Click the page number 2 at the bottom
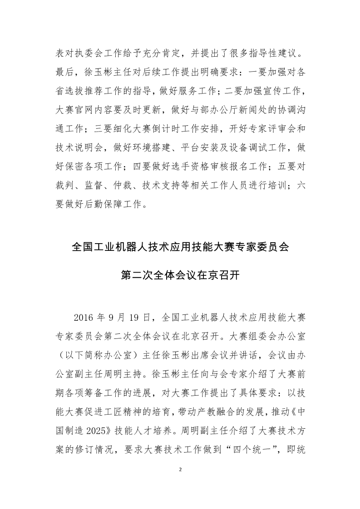pos(180,470)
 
